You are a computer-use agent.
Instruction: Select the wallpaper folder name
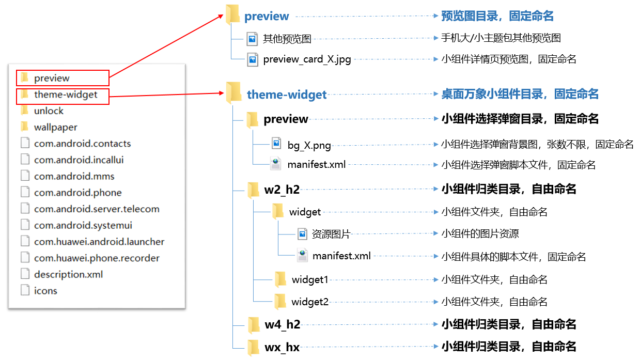pos(56,127)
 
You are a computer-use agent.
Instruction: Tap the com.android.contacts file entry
pos(82,144)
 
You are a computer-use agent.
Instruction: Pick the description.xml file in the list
pos(68,274)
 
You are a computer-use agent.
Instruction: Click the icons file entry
pos(45,291)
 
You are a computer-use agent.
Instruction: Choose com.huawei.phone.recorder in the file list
pos(97,258)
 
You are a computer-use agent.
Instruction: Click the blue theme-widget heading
pos(287,95)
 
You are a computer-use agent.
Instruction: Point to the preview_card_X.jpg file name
pos(307,59)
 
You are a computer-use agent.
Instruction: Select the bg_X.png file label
pos(309,146)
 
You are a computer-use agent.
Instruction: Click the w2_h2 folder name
pos(282,190)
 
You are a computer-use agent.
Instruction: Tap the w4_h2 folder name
pos(282,324)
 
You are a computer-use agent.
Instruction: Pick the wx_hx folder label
pos(282,348)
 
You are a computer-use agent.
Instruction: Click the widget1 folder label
pos(310,280)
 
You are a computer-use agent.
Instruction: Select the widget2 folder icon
pos(280,302)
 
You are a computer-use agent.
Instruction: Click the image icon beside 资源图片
pos(302,234)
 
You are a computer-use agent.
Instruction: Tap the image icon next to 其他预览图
pos(252,39)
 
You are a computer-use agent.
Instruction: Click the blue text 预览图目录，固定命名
pos(497,16)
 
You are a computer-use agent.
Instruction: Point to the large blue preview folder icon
pos(233,14)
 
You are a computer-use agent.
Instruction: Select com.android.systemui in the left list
pos(83,225)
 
